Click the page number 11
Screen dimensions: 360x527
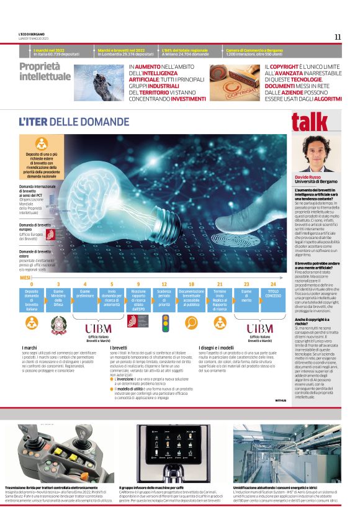point(338,37)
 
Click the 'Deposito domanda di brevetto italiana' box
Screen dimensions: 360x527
point(32,297)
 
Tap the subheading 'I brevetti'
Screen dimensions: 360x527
point(119,348)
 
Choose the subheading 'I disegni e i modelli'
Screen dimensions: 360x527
point(216,348)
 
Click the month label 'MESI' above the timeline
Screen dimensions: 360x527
point(25,278)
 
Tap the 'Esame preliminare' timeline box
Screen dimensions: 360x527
point(84,293)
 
